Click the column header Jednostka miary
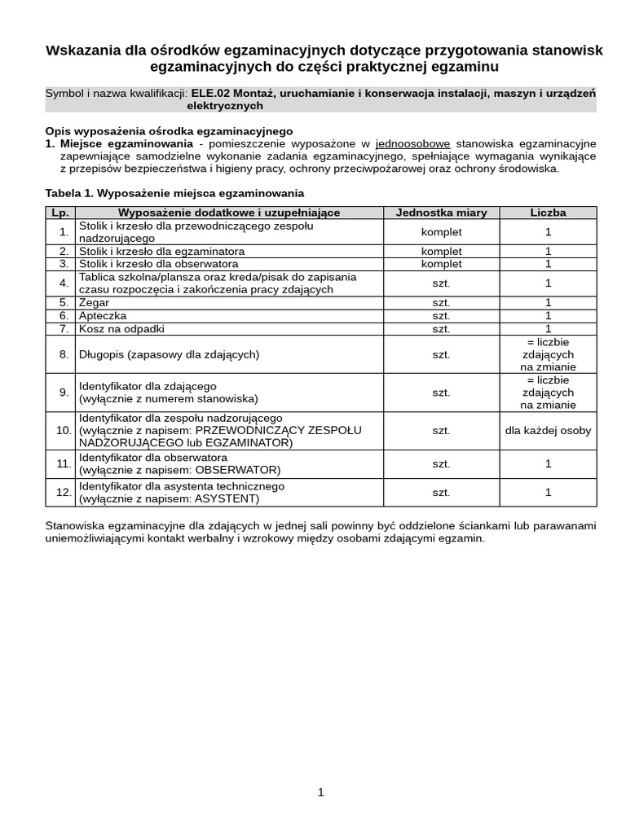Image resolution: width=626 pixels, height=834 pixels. point(441,213)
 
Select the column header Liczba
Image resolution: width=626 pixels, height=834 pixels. point(548,213)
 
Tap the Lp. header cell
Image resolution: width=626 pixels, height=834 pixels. point(60,213)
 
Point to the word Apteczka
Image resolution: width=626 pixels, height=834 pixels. point(102,315)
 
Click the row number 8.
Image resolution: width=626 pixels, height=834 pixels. point(64,354)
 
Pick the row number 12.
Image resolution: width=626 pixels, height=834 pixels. point(64,492)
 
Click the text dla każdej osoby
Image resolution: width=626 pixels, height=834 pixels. point(548,430)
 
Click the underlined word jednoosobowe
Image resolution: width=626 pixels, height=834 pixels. point(412,143)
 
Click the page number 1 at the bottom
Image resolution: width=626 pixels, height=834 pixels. point(321,792)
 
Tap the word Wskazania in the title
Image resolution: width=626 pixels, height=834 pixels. point(85,50)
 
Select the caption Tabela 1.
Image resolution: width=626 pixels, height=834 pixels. point(69,193)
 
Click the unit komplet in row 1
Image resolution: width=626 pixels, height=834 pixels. point(441,232)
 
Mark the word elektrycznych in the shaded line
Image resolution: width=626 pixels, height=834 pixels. point(225,106)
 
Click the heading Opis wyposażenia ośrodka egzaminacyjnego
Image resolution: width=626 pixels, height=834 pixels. point(169,131)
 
